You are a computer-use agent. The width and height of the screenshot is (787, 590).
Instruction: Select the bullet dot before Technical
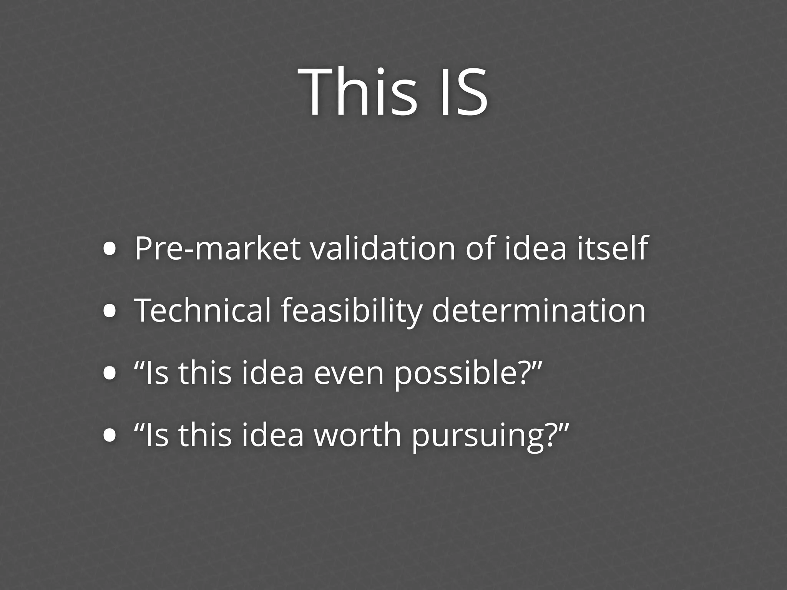pyautogui.click(x=110, y=311)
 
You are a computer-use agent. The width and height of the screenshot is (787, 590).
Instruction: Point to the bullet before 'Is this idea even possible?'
pyautogui.click(x=110, y=374)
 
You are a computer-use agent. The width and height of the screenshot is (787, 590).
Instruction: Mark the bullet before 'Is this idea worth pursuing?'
pyautogui.click(x=110, y=435)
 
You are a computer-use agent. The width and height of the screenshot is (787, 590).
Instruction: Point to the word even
pyautogui.click(x=349, y=374)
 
